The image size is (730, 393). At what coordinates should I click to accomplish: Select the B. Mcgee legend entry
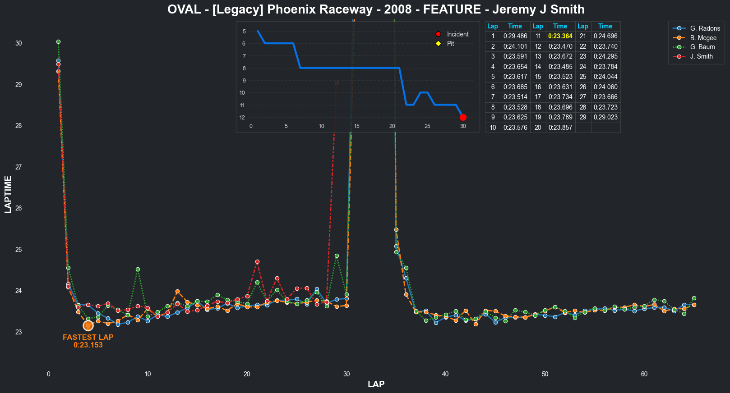[703, 38]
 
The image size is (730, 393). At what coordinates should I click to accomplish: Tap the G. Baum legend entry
[702, 47]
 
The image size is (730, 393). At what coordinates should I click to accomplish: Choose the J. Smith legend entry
[701, 56]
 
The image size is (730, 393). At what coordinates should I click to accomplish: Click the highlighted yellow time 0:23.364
[560, 36]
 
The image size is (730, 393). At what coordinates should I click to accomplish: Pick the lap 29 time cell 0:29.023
[605, 117]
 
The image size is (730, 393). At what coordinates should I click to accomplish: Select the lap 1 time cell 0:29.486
[515, 36]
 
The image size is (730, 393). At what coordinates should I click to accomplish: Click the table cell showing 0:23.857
[560, 128]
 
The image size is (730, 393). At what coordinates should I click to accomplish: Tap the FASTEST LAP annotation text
[88, 337]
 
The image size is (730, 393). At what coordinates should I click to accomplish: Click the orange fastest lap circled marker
[88, 325]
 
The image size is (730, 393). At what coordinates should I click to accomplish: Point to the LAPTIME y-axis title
[8, 194]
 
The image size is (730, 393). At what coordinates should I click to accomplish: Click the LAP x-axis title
[376, 384]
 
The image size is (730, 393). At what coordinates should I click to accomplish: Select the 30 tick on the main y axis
[18, 43]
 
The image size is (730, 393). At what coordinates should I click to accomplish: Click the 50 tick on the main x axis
[545, 374]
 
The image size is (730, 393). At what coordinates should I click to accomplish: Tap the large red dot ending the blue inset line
[463, 118]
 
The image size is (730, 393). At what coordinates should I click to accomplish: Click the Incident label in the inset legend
[457, 34]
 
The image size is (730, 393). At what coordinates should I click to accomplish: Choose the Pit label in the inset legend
[450, 44]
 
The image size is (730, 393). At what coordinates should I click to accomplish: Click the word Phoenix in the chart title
[291, 9]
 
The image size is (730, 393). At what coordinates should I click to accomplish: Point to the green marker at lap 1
[58, 42]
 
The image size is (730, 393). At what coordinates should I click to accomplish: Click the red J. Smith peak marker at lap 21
[257, 262]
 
